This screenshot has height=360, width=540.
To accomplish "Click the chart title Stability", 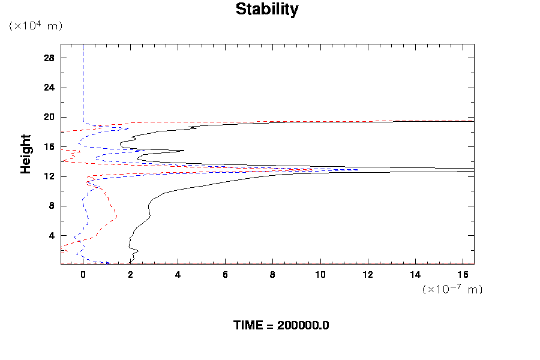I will tap(266, 10).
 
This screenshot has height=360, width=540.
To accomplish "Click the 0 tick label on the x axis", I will tap(83, 275).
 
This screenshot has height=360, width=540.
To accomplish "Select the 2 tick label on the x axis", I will tap(130, 275).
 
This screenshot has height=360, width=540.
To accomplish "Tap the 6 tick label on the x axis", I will tap(225, 275).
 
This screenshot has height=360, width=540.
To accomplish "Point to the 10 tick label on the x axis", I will tap(320, 275).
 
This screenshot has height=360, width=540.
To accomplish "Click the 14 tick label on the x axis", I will tap(415, 275).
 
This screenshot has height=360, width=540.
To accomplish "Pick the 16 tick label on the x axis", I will tap(463, 275).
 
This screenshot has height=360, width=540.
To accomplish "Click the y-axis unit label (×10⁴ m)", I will tap(35, 26).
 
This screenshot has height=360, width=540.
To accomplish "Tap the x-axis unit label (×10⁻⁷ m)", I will tap(452, 289).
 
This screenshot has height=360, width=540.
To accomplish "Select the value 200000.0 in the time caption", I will tap(303, 326).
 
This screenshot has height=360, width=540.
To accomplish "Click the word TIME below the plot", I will tap(248, 326).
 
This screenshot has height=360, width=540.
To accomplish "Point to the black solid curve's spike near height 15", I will tap(182, 151).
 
